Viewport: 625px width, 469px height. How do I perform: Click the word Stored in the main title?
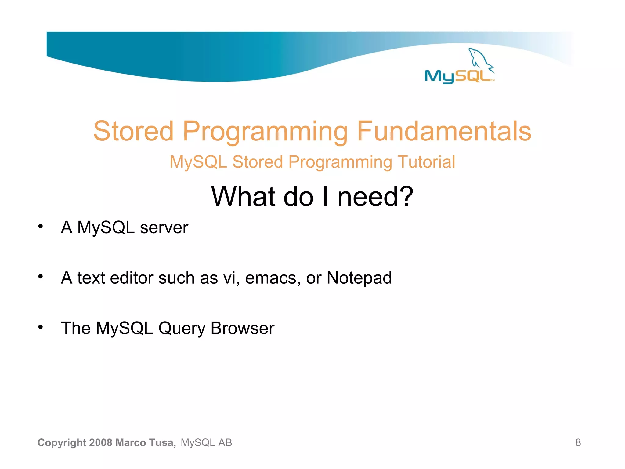[133, 131]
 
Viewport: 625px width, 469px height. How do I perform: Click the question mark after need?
[406, 196]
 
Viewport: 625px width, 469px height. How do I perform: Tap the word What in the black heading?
[244, 196]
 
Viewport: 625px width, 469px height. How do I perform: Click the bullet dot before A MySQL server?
[41, 226]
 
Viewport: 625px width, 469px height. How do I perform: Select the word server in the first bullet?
[164, 228]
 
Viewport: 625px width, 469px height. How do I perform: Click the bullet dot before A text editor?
[41, 277]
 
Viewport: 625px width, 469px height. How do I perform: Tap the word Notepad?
[359, 278]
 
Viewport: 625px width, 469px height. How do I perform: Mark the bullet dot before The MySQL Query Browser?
[41, 327]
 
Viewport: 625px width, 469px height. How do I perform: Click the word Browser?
[242, 328]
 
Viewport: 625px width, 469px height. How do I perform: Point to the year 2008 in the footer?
[101, 442]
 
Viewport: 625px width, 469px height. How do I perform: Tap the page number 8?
[578, 442]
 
